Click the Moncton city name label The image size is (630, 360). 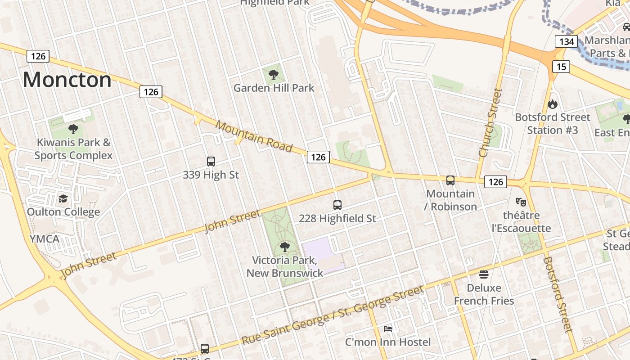[x=67, y=80]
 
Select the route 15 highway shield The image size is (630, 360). [x=561, y=67]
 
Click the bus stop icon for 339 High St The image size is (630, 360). [x=211, y=162]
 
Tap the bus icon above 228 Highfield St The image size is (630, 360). [x=337, y=205]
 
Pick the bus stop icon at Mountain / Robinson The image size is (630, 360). [x=450, y=180]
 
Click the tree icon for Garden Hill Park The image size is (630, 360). [x=273, y=75]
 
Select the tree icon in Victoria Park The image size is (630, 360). [x=284, y=247]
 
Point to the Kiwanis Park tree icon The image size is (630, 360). [x=73, y=129]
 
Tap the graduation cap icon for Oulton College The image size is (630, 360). [x=63, y=199]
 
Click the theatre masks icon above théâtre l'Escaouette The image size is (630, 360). [x=521, y=202]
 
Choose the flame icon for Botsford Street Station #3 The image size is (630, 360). [x=552, y=104]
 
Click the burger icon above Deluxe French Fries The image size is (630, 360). [x=484, y=274]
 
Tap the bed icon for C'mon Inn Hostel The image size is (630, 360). [x=388, y=329]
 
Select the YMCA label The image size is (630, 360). [x=45, y=238]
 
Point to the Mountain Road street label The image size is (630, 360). [x=254, y=137]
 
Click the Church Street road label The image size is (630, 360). [x=490, y=122]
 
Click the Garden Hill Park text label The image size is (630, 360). [x=274, y=88]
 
